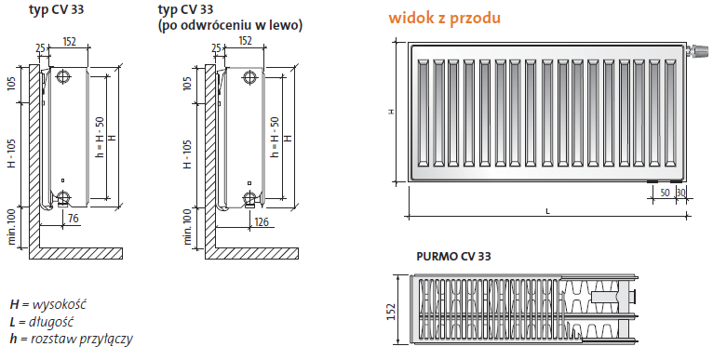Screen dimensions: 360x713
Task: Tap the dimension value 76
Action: click(73, 220)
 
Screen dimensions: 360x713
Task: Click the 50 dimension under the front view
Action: click(664, 192)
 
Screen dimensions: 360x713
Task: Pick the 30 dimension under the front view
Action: click(680, 192)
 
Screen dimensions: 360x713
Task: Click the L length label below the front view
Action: click(547, 212)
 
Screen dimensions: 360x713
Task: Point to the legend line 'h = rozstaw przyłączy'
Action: click(71, 339)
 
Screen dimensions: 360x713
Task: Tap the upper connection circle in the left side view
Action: click(63, 76)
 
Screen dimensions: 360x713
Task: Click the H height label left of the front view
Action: click(392, 111)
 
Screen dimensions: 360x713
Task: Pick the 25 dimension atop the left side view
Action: click(40, 48)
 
